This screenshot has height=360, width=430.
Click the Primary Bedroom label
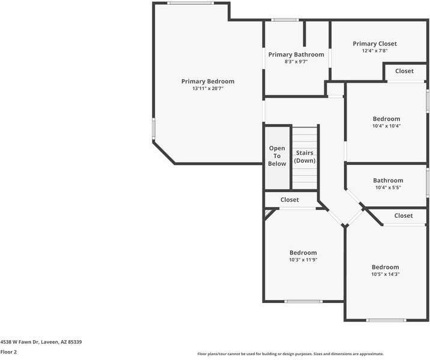click(x=208, y=81)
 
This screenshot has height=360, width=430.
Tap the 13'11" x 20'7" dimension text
click(x=208, y=89)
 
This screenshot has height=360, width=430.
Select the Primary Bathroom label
click(x=295, y=55)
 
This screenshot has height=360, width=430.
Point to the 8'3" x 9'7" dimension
click(x=295, y=62)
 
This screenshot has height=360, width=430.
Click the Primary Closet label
click(x=374, y=44)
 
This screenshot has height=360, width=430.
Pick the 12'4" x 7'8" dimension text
click(x=374, y=51)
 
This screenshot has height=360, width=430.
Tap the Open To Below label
click(x=277, y=156)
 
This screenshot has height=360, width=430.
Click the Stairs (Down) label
click(x=305, y=157)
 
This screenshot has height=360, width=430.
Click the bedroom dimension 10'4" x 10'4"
click(x=386, y=126)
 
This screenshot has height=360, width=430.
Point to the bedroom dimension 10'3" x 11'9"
click(x=303, y=260)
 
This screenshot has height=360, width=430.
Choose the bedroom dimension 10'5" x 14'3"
click(x=385, y=274)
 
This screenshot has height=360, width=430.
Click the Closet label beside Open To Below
click(x=289, y=200)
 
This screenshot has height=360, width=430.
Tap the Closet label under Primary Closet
click(x=404, y=71)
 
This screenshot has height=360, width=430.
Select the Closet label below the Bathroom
click(x=403, y=215)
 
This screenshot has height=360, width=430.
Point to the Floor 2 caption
click(x=9, y=352)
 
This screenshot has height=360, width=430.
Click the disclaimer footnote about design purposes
click(x=290, y=354)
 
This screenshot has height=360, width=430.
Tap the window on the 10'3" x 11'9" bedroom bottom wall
click(x=303, y=301)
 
